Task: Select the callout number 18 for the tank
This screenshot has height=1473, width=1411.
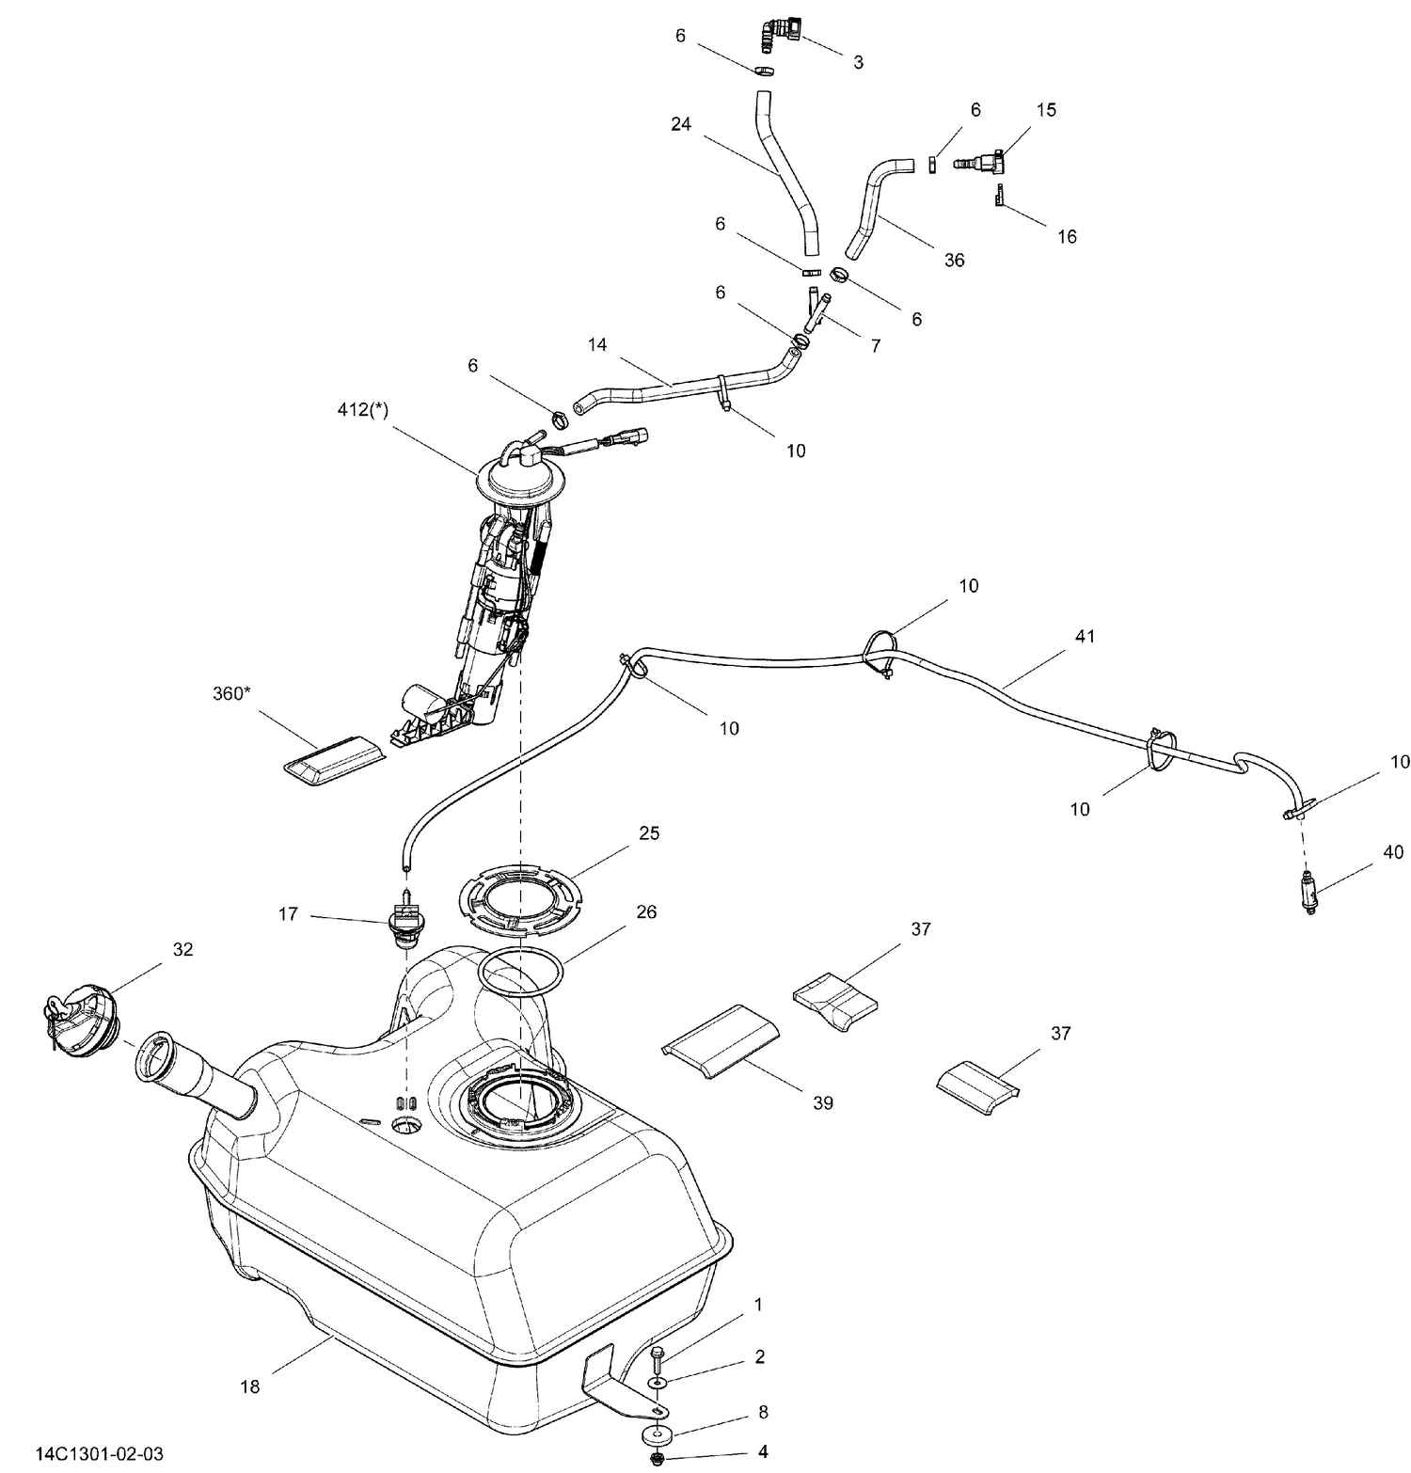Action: pos(250,1386)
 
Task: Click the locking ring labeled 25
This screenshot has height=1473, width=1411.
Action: pos(520,900)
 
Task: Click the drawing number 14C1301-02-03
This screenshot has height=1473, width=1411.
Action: pos(93,1453)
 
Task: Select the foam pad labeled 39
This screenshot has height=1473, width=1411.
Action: pos(721,1039)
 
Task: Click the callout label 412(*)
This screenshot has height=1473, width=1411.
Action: pos(362,410)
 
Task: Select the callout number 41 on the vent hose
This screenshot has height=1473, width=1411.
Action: pos(1085,637)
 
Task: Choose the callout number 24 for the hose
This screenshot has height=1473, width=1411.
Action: pos(681,124)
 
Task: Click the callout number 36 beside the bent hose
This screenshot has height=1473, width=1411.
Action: pos(954,260)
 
